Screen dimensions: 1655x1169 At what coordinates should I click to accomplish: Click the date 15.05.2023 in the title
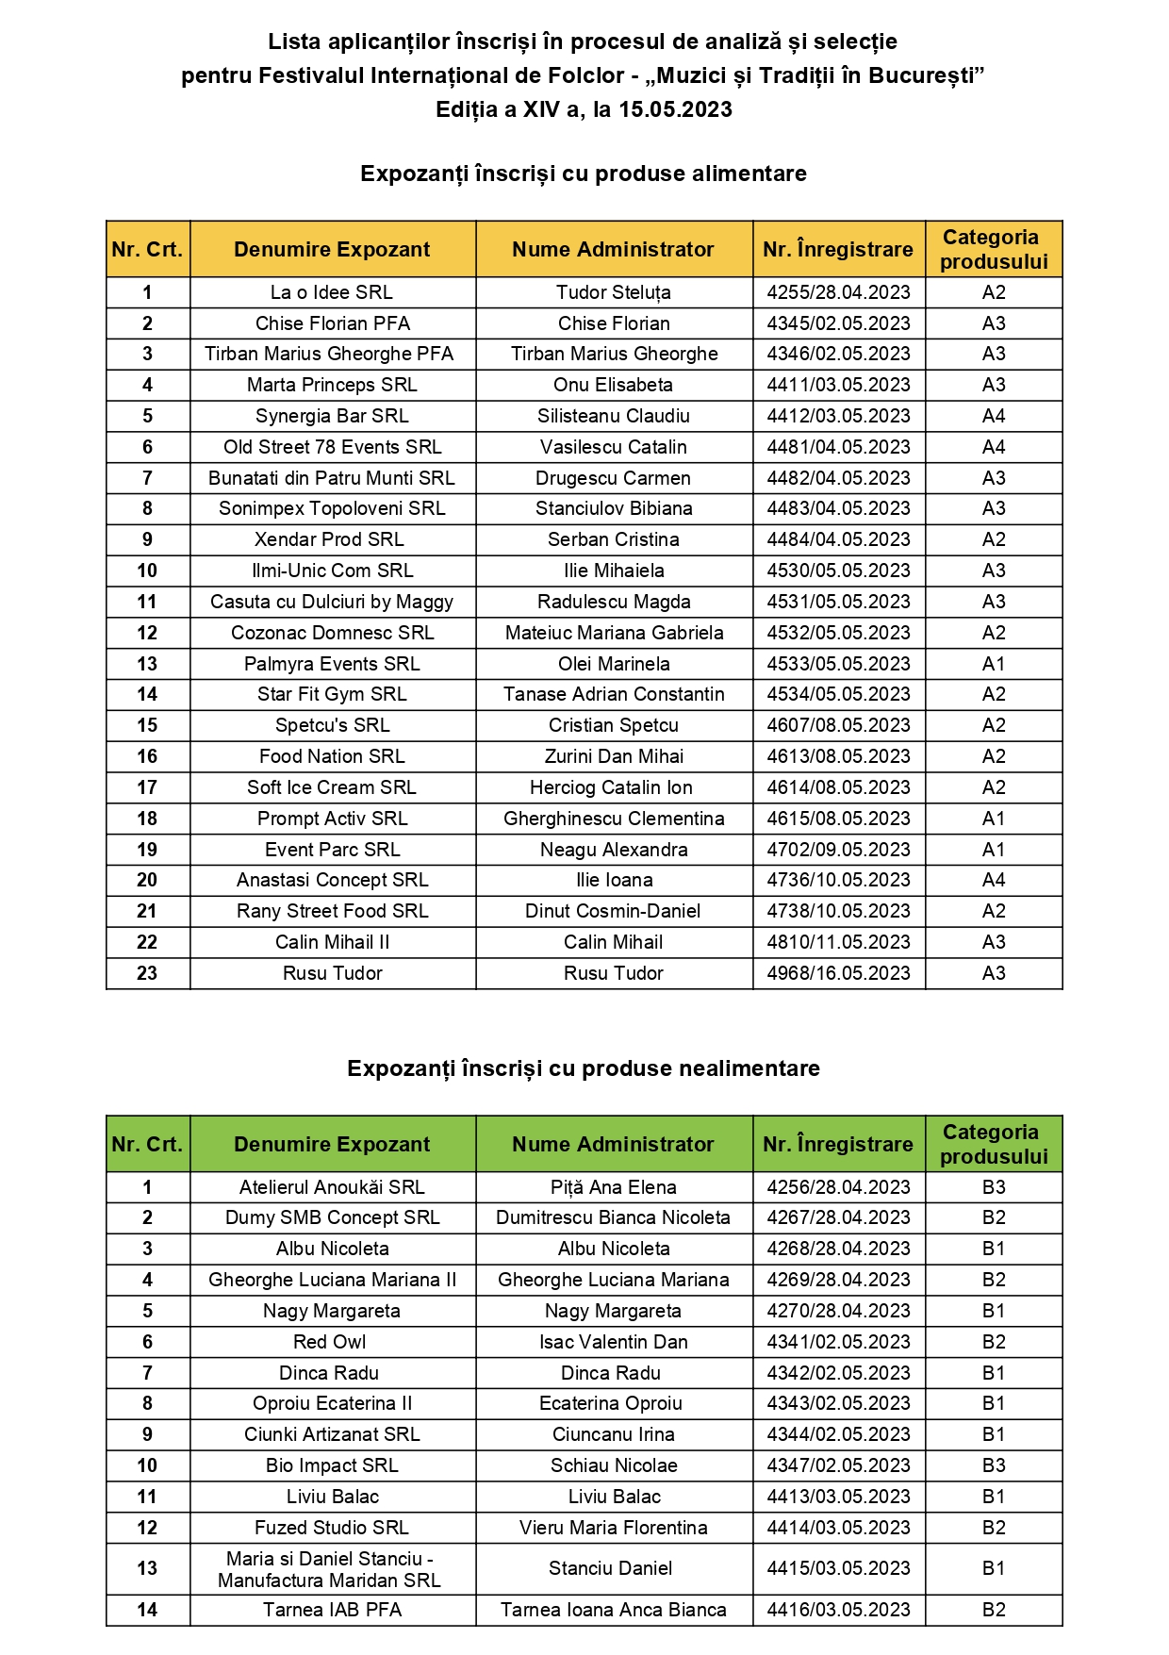tap(675, 109)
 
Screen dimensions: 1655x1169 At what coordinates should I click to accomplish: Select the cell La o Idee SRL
tap(332, 292)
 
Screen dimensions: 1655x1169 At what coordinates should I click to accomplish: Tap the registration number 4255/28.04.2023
tap(838, 292)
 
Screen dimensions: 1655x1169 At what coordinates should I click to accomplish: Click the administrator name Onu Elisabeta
tap(613, 385)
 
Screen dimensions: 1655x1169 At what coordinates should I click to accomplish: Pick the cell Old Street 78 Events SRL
tap(332, 447)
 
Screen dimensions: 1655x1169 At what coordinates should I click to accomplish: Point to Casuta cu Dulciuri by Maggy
tap(332, 602)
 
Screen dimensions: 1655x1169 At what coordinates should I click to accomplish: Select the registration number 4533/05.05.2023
tap(838, 664)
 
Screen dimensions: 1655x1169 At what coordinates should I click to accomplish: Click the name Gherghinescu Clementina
tap(613, 819)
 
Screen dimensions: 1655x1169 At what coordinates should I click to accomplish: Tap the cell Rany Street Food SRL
tap(332, 911)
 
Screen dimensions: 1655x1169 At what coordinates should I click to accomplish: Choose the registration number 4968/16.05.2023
tap(838, 973)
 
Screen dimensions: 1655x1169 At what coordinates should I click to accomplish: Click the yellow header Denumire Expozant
tap(332, 249)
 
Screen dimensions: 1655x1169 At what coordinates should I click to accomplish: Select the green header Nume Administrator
tap(613, 1144)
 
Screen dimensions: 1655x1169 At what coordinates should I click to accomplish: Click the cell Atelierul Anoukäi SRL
tap(332, 1187)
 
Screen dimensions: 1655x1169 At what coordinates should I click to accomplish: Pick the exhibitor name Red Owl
tap(330, 1342)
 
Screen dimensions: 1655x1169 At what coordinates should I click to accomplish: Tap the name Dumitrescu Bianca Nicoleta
tap(613, 1217)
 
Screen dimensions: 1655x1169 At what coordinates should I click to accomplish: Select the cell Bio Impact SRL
tap(332, 1465)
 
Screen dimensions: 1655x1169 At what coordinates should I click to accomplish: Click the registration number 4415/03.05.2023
tap(838, 1568)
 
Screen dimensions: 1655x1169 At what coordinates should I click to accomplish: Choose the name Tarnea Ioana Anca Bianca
tap(613, 1610)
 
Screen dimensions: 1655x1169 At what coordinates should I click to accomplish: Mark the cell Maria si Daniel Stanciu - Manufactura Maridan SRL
tap(330, 1569)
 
